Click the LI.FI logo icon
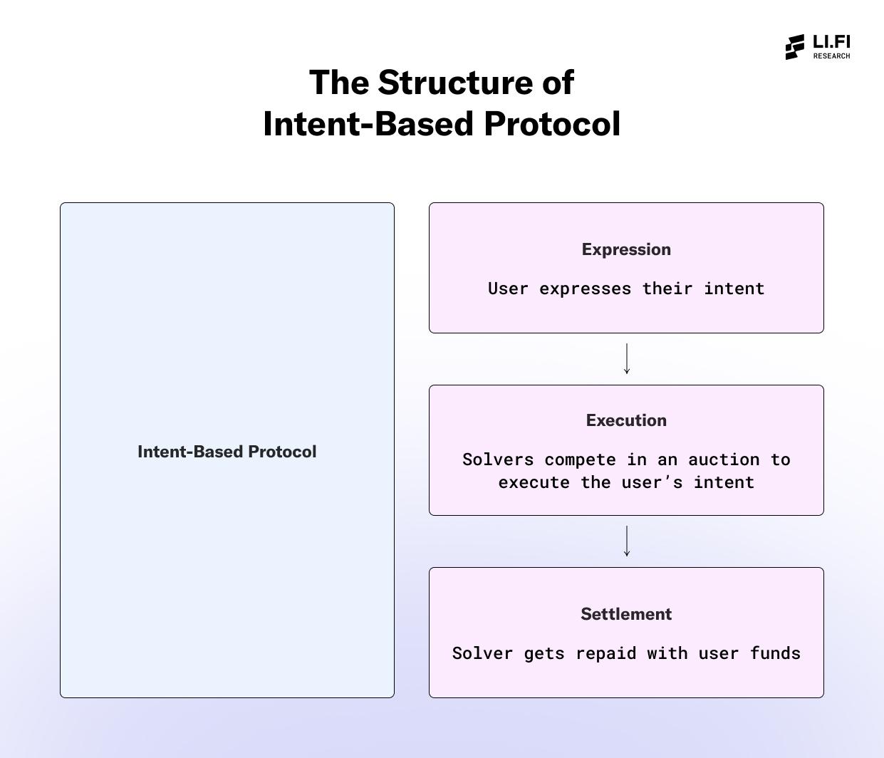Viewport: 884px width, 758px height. click(x=795, y=47)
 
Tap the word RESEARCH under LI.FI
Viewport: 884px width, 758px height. click(x=831, y=56)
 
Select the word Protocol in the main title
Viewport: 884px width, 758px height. click(x=552, y=124)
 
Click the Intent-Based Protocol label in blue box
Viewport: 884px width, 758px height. click(x=227, y=452)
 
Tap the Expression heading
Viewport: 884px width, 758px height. click(x=626, y=249)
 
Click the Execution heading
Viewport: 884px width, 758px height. click(x=626, y=420)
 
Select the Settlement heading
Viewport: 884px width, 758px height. click(x=626, y=614)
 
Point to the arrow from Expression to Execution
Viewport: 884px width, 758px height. click(x=626, y=358)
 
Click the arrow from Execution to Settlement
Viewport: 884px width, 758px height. click(x=626, y=541)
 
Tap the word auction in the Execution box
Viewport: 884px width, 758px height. click(x=724, y=460)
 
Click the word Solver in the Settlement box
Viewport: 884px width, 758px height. click(x=482, y=653)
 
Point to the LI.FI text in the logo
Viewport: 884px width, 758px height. click(x=831, y=42)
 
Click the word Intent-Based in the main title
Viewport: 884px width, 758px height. click(x=368, y=124)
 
